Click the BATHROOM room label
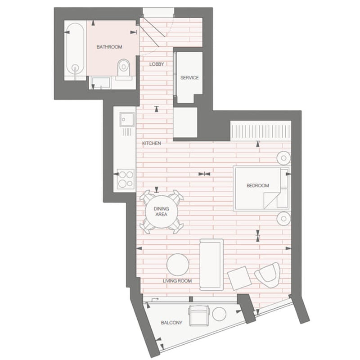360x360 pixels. pyautogui.click(x=109, y=47)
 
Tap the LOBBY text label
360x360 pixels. pyautogui.click(x=157, y=64)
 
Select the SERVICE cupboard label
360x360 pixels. pyautogui.click(x=189, y=77)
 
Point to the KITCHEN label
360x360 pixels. pyautogui.click(x=152, y=143)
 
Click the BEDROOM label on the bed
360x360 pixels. pyautogui.click(x=257, y=185)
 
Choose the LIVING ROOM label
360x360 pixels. pyautogui.click(x=177, y=281)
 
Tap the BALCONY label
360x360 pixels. pyautogui.click(x=171, y=323)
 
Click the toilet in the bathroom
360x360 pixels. pyautogui.click(x=123, y=68)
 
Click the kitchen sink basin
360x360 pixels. pyautogui.click(x=127, y=119)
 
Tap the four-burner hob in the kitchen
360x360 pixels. pyautogui.click(x=126, y=179)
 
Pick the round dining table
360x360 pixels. pyautogui.click(x=162, y=211)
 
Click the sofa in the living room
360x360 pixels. pyautogui.click(x=211, y=265)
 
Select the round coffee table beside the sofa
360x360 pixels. pyautogui.click(x=178, y=265)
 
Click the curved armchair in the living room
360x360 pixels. pyautogui.click(x=267, y=275)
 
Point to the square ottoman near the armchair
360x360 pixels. pyautogui.click(x=239, y=278)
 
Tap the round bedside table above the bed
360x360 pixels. pyautogui.click(x=284, y=158)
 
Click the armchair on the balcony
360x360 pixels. pyautogui.click(x=199, y=316)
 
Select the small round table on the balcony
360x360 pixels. pyautogui.click(x=219, y=314)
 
